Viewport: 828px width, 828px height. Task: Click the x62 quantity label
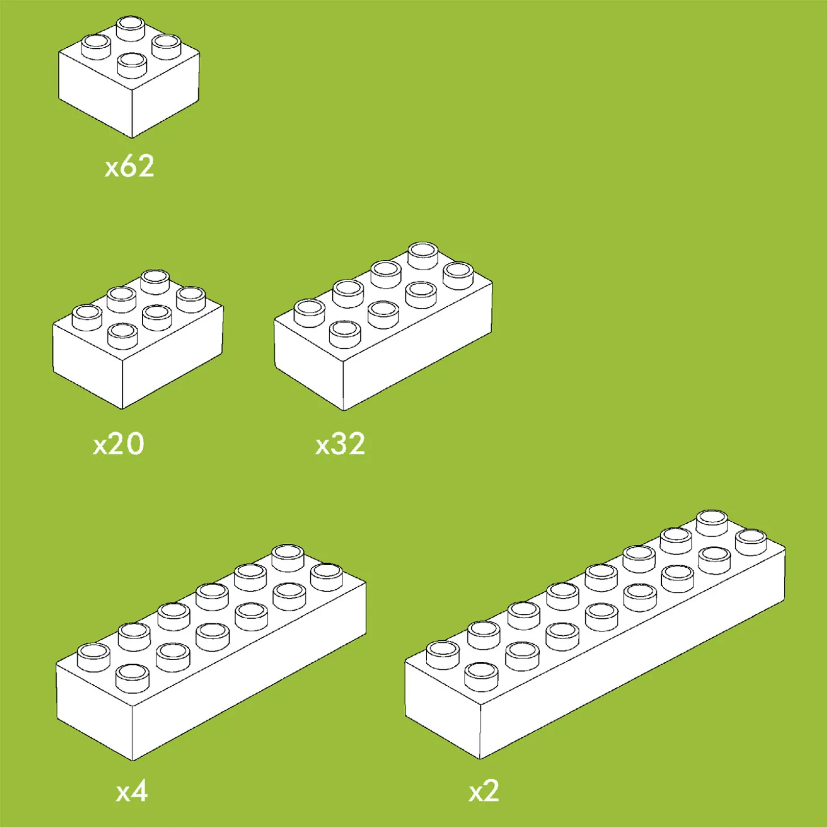(x=129, y=167)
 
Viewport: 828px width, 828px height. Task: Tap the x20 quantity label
(x=119, y=444)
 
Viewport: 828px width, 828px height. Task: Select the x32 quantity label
(x=340, y=444)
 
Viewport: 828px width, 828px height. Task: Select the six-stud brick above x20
(x=138, y=339)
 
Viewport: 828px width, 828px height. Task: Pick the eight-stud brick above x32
(x=383, y=327)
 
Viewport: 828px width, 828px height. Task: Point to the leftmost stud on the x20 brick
(x=87, y=317)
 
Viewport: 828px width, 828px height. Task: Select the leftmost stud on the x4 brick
(x=93, y=657)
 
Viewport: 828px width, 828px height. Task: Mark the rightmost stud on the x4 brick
(x=327, y=577)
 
